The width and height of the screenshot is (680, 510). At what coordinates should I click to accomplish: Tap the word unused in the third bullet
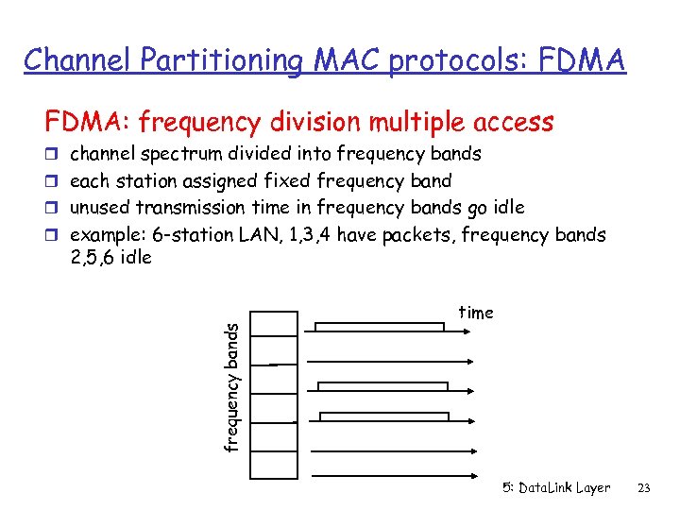[x=101, y=207]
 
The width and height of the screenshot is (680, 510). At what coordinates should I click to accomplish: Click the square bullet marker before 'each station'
[x=54, y=180]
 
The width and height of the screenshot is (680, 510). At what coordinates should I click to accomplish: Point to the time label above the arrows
[x=476, y=313]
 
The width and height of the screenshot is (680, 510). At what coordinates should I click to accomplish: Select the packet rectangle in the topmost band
[x=379, y=327]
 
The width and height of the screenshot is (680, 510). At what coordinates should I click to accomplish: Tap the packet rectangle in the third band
[x=382, y=386]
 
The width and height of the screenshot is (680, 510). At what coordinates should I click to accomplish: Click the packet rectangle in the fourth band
[x=384, y=416]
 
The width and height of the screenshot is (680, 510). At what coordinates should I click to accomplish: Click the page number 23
[x=646, y=488]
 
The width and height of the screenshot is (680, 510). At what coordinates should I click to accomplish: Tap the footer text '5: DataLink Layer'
[x=556, y=488]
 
